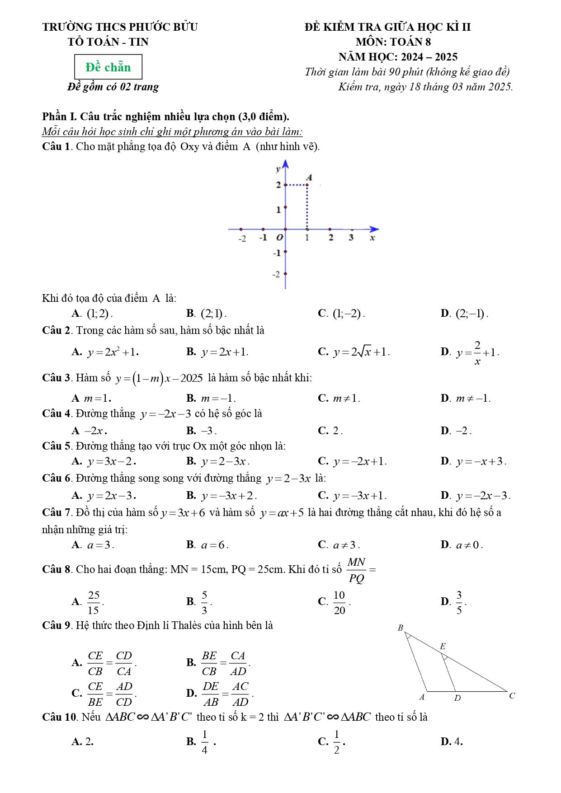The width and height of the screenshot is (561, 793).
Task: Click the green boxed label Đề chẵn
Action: click(108, 67)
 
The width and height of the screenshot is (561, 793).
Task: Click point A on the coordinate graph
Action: click(308, 184)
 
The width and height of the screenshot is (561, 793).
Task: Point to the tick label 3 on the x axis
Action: click(351, 238)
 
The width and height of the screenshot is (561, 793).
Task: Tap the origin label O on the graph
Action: click(279, 238)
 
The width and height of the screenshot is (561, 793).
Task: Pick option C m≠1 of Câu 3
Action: click(346, 399)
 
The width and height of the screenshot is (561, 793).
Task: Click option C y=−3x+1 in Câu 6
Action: click(359, 496)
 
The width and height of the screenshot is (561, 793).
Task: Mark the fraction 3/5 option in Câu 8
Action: click(459, 602)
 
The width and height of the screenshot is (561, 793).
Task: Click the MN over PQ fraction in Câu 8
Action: click(357, 570)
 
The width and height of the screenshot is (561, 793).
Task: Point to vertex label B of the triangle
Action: click(400, 628)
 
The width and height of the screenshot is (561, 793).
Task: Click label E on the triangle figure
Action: click(443, 647)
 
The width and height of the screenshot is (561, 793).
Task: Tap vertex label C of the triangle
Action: click(512, 696)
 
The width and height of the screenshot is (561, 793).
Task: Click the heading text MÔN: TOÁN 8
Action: click(393, 42)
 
